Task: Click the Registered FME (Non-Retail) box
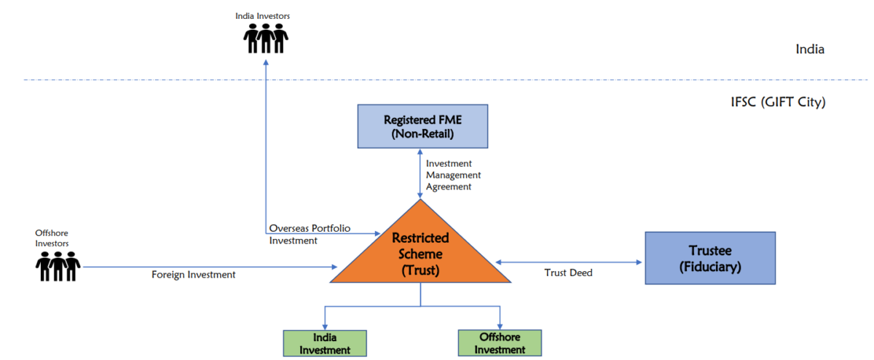coord(422,126)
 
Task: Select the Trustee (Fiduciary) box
coord(699,259)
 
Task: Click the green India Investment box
coord(325,343)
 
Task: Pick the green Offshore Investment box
coord(501,343)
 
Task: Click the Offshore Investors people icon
coord(58,266)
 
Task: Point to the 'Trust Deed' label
coord(569,273)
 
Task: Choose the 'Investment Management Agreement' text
coord(453,175)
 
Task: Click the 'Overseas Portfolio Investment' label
coord(310,234)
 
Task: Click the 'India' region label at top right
coord(810,50)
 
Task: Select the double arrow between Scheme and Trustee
coord(569,262)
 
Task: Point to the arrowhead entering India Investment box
coord(325,326)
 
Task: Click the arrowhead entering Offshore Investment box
coord(501,326)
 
